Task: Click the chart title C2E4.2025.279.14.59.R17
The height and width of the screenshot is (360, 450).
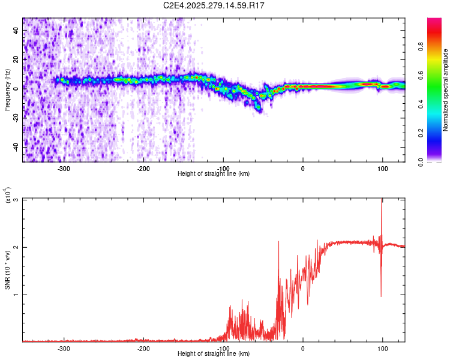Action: click(214, 5)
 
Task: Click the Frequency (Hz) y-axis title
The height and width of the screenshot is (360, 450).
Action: click(7, 90)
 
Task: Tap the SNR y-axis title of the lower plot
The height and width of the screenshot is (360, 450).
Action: click(7, 270)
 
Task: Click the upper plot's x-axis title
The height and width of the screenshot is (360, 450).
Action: click(214, 173)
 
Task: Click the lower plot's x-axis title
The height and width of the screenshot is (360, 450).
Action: click(214, 353)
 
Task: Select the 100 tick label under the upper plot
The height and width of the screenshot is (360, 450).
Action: click(382, 168)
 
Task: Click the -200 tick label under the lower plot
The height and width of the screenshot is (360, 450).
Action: click(143, 348)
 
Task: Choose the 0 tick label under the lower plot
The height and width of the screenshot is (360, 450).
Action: click(302, 348)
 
